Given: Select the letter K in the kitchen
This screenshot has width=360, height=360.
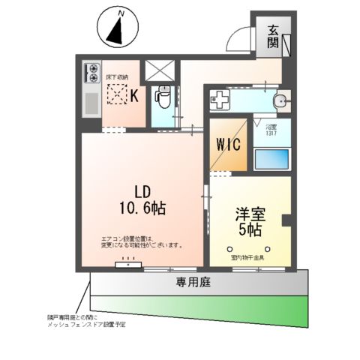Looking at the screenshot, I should [x=135, y=94].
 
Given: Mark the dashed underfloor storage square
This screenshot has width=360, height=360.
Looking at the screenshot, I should [x=117, y=94].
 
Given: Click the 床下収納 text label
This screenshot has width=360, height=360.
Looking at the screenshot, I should [x=117, y=77].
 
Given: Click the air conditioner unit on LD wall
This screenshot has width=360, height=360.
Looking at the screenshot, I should [x=124, y=265].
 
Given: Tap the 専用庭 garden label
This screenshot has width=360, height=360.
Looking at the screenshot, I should [x=193, y=282].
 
